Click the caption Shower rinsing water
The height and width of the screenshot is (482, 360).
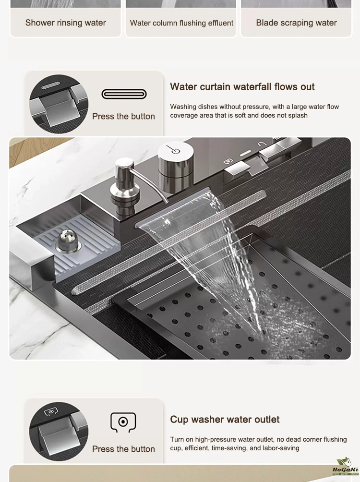[x=65, y=23]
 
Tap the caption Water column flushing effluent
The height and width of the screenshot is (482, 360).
[x=181, y=23]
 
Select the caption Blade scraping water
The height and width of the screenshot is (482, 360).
[x=296, y=23]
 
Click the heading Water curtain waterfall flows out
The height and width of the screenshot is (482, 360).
[x=242, y=87]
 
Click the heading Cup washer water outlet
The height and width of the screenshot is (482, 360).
[x=225, y=419]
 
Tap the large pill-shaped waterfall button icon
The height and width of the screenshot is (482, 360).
[x=124, y=94]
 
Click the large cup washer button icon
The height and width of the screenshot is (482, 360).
[x=123, y=422]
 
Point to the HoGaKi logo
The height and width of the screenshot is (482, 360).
[x=345, y=466]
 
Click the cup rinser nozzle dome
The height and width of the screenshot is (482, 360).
[x=68, y=241]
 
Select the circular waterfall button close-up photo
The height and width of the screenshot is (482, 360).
[x=59, y=104]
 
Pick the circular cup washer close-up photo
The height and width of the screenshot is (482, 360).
[x=59, y=431]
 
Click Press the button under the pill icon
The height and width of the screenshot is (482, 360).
[x=123, y=116]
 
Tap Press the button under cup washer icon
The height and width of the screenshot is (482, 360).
[x=123, y=449]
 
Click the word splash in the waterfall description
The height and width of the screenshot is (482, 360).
[x=298, y=116]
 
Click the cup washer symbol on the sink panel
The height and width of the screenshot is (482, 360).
[x=228, y=161]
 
